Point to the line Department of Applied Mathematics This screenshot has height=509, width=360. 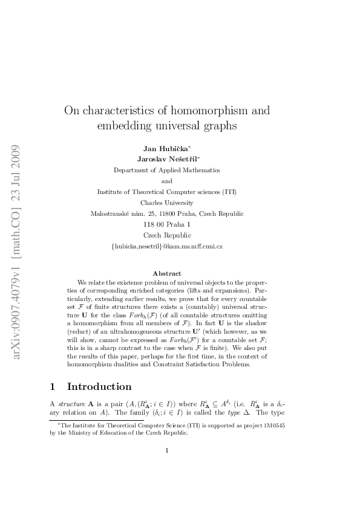[x=167, y=170]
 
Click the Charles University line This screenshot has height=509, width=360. [x=167, y=203]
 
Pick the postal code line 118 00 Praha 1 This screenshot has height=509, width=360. [x=167, y=224]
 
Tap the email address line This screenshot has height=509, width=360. [x=167, y=246]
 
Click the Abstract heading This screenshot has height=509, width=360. [x=167, y=273]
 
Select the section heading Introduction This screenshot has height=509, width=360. [x=99, y=386]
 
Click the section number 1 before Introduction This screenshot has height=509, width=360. [x=53, y=386]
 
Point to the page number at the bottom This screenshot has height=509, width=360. [x=167, y=467]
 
